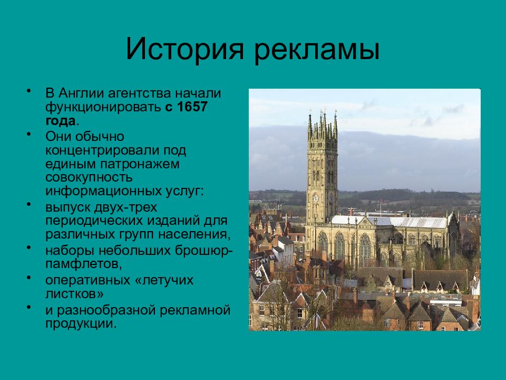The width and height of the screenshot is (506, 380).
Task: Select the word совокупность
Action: pos(89,177)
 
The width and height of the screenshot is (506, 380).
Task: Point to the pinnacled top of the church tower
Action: pos(322,124)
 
